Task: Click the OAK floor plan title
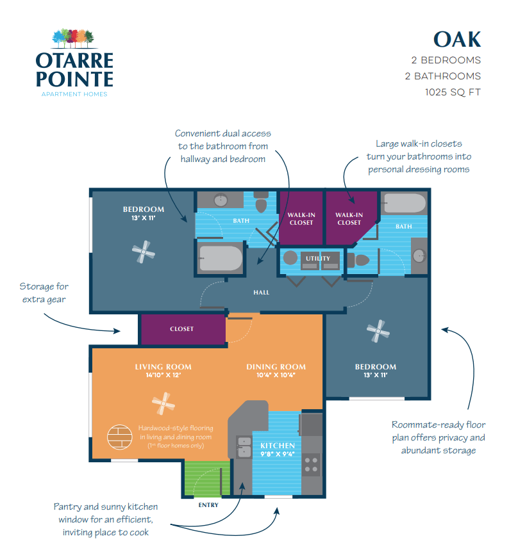pos(456,39)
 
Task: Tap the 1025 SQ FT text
pos(453,92)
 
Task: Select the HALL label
pos(261,293)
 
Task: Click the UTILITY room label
pos(318,259)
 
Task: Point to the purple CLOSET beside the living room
pos(182,329)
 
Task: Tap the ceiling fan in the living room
pos(163,404)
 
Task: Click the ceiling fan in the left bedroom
pos(143,252)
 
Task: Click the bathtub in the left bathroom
pos(220,259)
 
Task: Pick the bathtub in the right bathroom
pos(405,204)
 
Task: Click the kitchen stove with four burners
pos(312,464)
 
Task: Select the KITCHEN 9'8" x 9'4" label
pos(278,449)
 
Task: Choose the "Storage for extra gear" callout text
pos(44,293)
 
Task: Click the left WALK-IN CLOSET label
pos(301,219)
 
